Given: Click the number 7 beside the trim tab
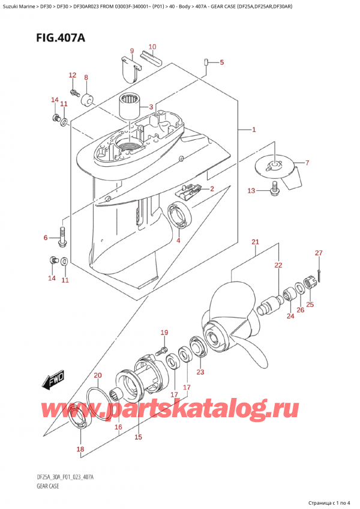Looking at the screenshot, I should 307,163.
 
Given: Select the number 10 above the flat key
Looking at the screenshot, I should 152,47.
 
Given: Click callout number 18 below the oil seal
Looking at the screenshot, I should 80,448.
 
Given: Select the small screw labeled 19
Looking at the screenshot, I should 161,350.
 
